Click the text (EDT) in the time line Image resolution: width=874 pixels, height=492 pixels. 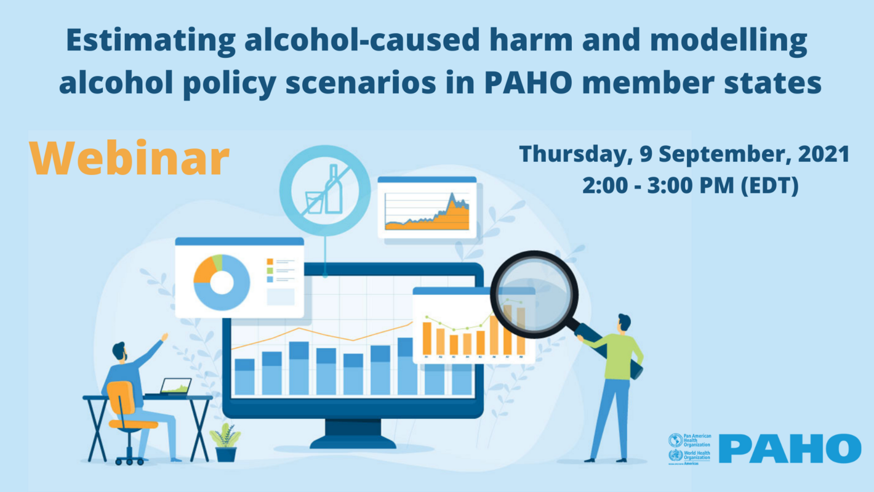click(770, 184)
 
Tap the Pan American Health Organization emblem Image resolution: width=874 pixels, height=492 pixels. click(675, 441)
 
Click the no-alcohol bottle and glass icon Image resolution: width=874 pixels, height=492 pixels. click(324, 190)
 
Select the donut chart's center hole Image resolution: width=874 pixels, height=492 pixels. click(222, 283)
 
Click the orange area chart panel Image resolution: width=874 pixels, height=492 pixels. click(427, 208)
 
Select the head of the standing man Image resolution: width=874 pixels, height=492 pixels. click(623, 324)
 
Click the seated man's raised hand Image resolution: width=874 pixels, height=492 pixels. click(164, 337)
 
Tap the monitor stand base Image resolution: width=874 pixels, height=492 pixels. click(353, 441)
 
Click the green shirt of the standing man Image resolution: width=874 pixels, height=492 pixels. click(620, 357)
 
